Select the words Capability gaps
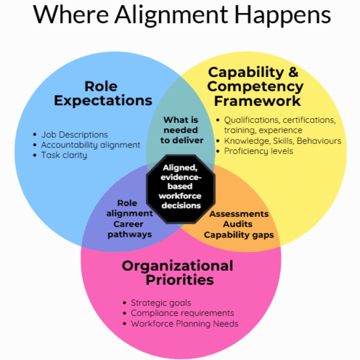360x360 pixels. [238, 235]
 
